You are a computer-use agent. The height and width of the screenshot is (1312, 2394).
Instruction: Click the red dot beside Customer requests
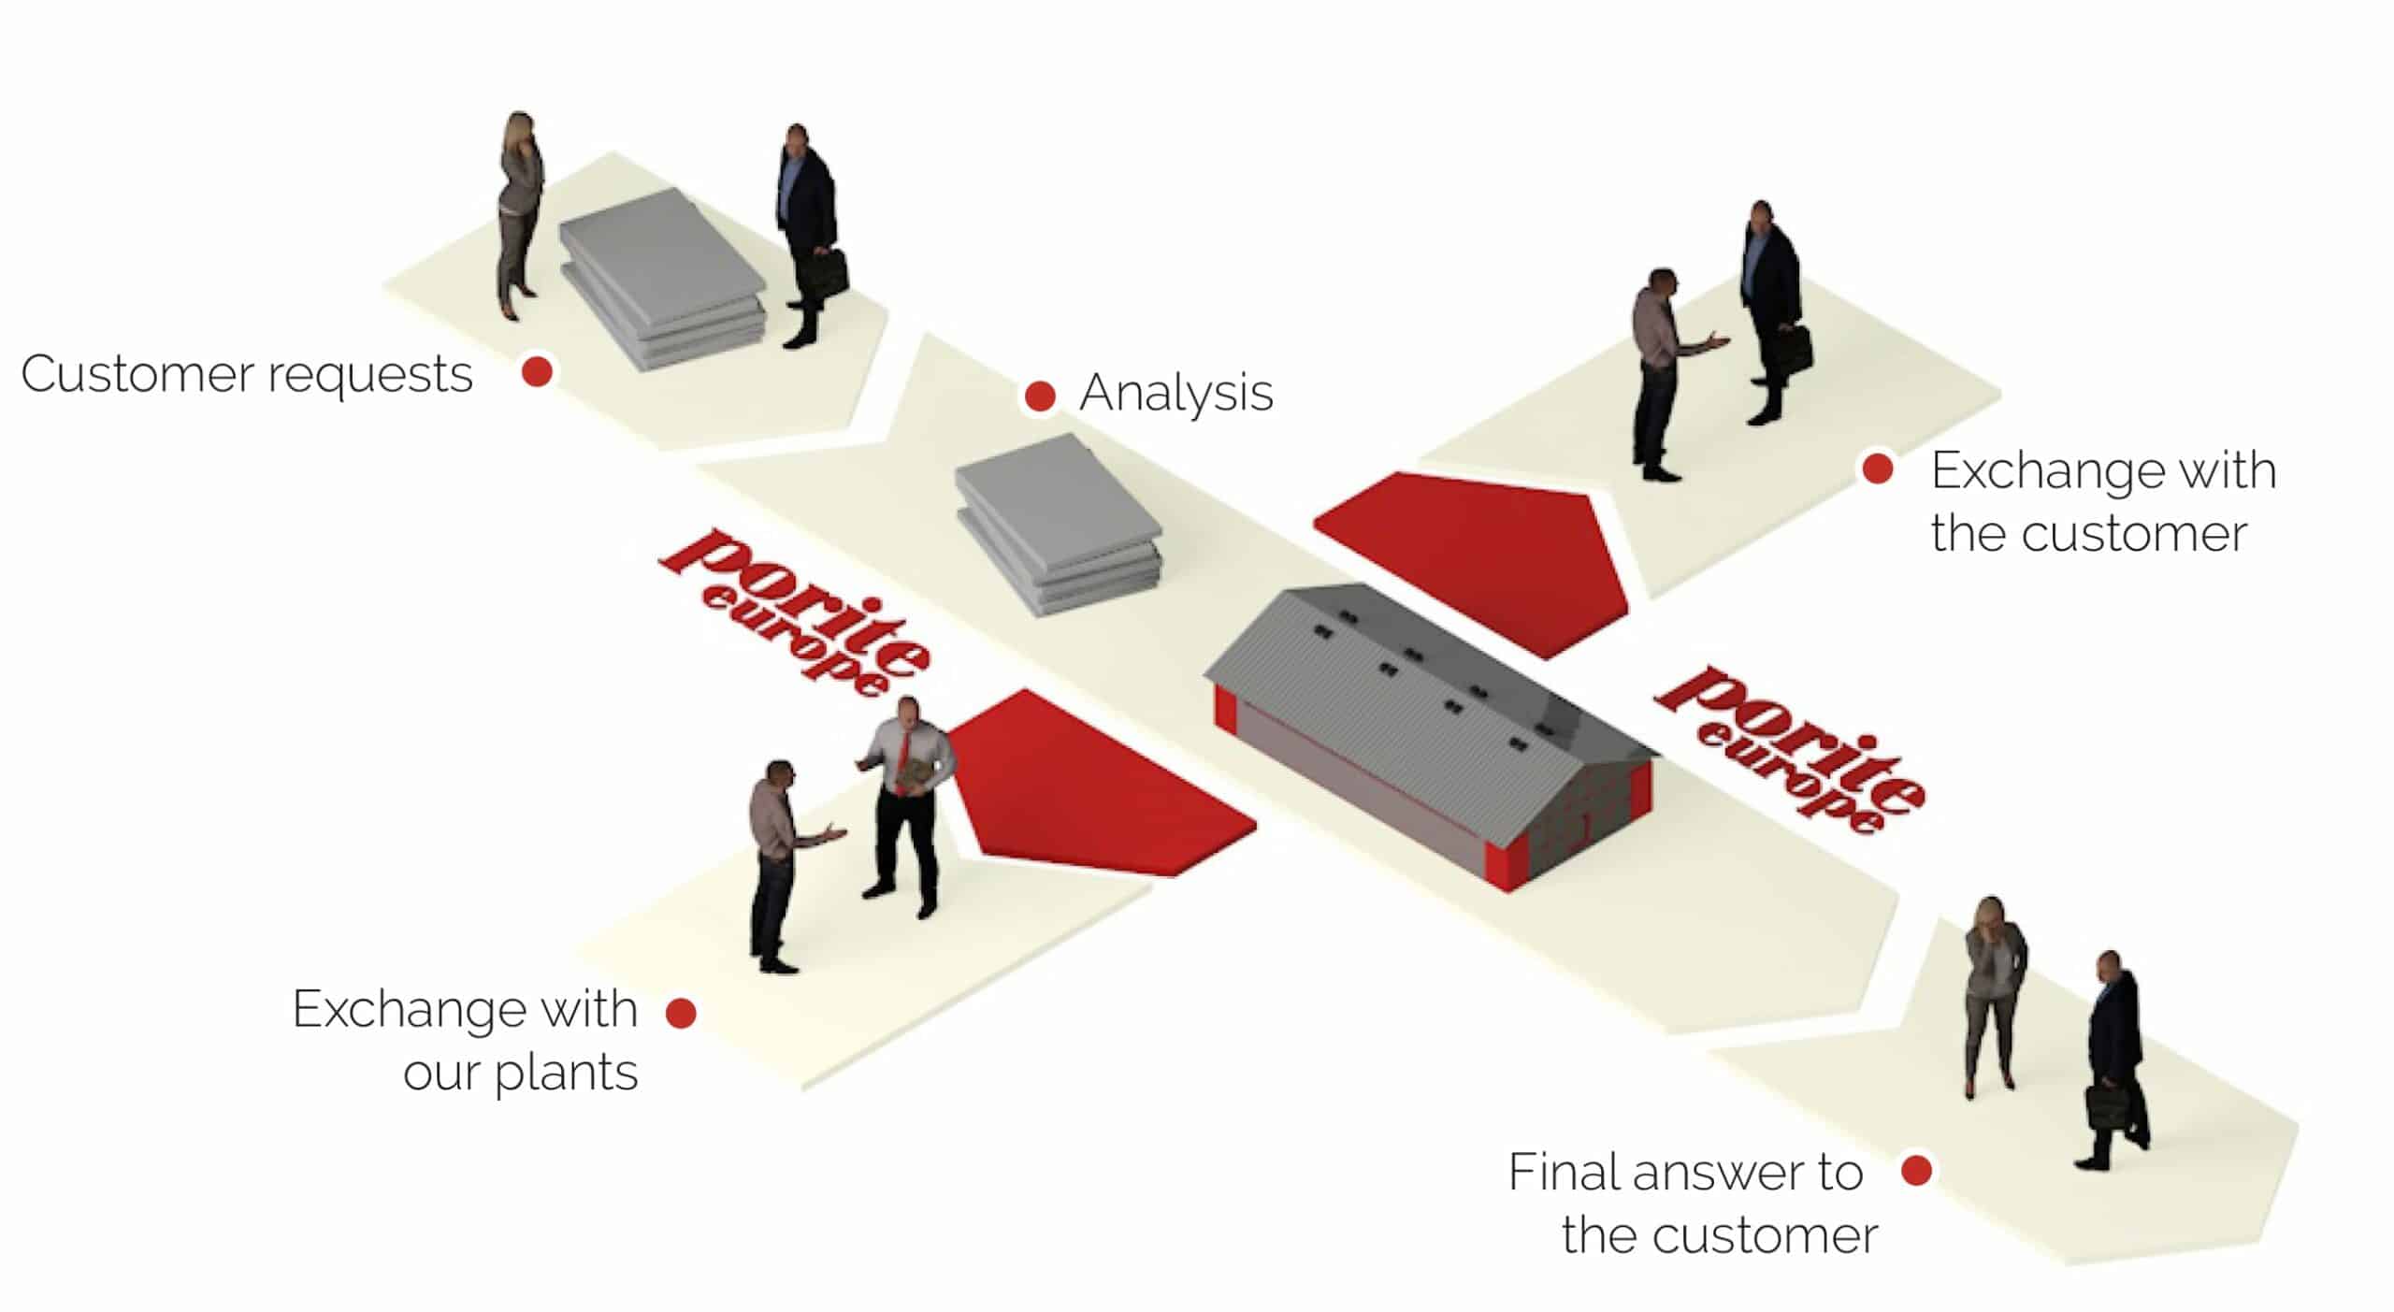click(537, 371)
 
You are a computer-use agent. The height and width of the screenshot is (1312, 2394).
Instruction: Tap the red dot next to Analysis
click(1040, 396)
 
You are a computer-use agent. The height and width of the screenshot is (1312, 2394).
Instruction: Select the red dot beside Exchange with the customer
click(1878, 469)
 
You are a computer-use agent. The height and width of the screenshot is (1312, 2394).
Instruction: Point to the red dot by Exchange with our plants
click(681, 1012)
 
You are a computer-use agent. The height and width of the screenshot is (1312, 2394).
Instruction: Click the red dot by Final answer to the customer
click(1917, 1170)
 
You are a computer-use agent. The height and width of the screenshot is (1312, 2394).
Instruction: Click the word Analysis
click(1176, 393)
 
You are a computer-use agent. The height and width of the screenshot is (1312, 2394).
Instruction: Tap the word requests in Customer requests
click(370, 375)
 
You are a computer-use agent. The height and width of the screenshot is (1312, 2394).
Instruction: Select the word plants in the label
click(567, 1073)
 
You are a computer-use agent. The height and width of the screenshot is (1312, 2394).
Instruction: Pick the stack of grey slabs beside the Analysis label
click(1059, 524)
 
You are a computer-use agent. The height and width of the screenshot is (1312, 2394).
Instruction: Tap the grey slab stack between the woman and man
click(663, 279)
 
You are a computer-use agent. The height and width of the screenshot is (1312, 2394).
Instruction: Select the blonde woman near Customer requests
click(520, 215)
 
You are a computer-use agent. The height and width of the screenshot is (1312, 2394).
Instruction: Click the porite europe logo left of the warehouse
click(795, 613)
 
